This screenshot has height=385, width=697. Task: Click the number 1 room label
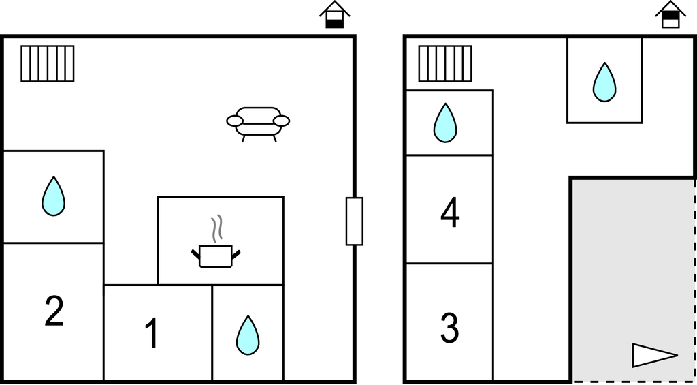click(152, 333)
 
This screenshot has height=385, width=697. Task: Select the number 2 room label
click(54, 311)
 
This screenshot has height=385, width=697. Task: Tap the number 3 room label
click(449, 328)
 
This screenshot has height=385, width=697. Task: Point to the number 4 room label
click(450, 213)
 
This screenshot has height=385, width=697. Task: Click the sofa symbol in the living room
click(258, 124)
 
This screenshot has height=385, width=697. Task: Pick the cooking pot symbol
click(216, 256)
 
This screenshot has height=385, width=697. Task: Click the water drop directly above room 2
click(53, 196)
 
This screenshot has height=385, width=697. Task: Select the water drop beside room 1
click(248, 335)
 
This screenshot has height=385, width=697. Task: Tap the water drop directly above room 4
click(445, 123)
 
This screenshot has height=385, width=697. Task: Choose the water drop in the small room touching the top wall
click(604, 82)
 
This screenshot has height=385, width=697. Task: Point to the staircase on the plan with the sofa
click(48, 63)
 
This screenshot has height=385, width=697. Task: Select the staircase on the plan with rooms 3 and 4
click(445, 63)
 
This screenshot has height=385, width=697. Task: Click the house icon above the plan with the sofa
click(335, 15)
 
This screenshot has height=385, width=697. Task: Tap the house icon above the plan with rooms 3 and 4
click(670, 15)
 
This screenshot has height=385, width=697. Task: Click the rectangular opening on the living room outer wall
click(355, 221)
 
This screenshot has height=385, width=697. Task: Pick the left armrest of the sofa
click(235, 121)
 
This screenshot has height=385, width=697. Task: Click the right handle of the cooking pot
click(236, 255)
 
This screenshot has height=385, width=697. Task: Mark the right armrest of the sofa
click(281, 121)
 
